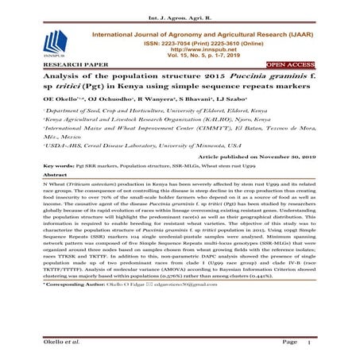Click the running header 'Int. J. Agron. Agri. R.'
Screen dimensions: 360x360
(180, 7)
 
